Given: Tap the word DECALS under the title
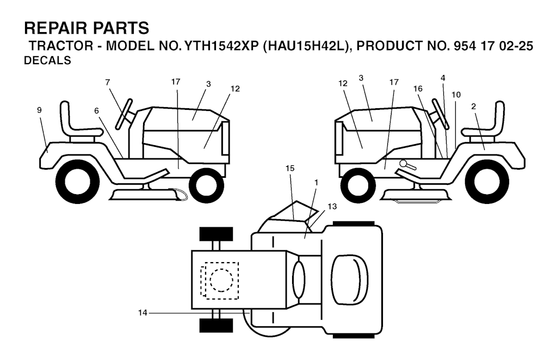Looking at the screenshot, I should [48, 61].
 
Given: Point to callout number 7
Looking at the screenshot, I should [108, 82].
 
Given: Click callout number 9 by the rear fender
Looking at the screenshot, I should [39, 110].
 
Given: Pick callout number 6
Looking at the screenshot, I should [96, 110].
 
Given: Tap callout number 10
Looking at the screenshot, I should [456, 94].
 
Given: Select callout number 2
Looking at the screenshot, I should [474, 107].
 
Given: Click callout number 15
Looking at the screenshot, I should [290, 169].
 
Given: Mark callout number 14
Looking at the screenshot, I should [143, 313].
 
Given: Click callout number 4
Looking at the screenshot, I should [443, 78].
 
